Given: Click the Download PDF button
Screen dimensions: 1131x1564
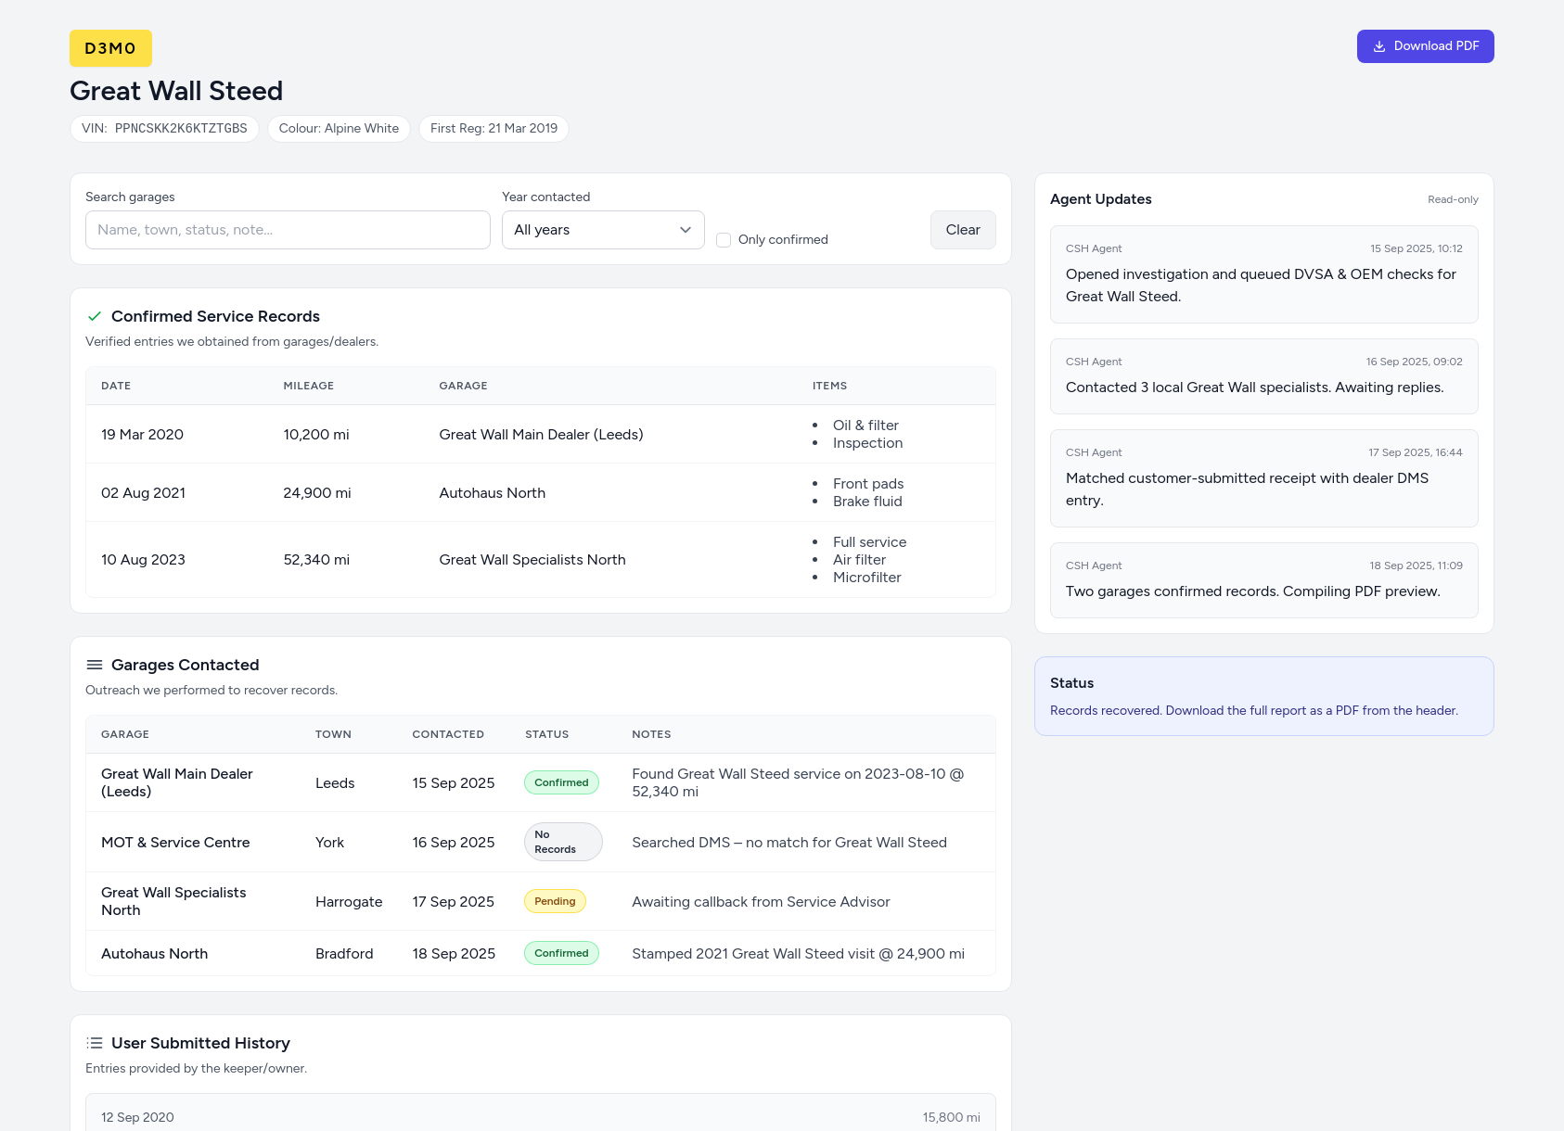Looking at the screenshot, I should click(1425, 46).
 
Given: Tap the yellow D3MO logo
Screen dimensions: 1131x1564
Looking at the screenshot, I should click(110, 48).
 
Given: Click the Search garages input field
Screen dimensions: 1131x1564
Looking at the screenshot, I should click(288, 230).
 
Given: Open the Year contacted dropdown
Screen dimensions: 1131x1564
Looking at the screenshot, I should click(603, 230).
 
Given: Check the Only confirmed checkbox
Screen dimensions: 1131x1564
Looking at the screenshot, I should click(724, 240).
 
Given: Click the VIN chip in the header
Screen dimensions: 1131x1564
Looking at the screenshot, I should click(164, 129).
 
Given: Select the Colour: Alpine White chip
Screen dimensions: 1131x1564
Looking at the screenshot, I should click(339, 129).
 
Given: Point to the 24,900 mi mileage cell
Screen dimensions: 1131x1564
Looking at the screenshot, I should click(317, 493).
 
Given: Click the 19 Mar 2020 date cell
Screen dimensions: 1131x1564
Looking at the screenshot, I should click(142, 435).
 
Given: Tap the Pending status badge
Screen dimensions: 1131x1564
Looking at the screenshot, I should click(555, 901).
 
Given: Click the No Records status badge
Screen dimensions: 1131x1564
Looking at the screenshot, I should click(562, 842).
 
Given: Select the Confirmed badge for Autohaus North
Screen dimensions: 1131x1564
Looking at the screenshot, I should click(561, 953).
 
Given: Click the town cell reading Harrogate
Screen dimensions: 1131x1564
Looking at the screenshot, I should click(349, 902).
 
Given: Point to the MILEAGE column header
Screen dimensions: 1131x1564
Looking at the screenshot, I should click(308, 386).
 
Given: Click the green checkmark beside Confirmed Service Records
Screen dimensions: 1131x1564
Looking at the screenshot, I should click(94, 316).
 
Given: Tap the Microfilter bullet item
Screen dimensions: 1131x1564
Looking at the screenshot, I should click(866, 578).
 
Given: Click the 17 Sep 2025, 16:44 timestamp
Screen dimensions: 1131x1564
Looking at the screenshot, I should click(1415, 452).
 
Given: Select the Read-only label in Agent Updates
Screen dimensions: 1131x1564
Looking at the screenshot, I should click(1453, 199).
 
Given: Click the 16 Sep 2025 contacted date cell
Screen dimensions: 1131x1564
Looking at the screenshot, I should click(454, 843).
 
